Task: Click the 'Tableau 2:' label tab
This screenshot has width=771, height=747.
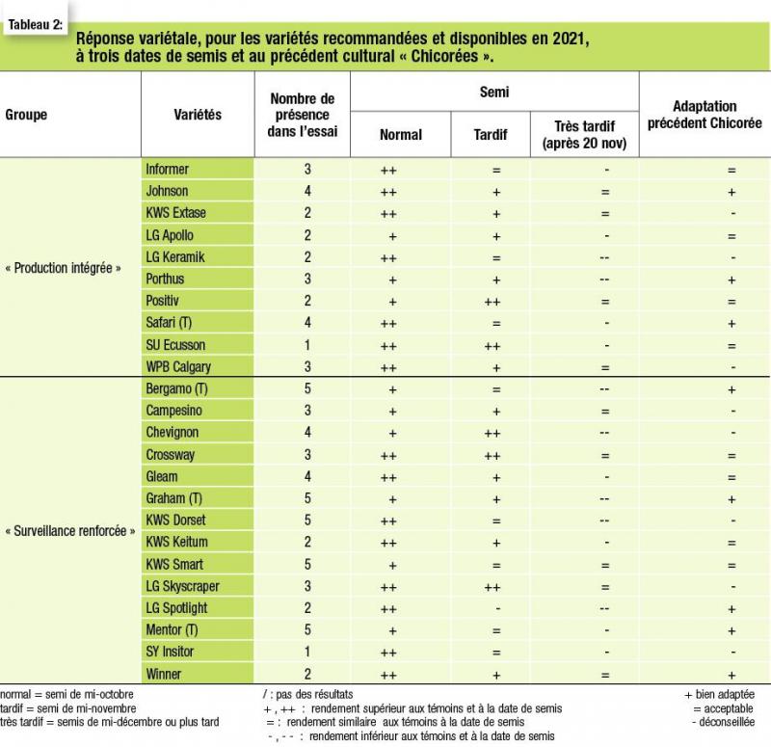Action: click(x=36, y=24)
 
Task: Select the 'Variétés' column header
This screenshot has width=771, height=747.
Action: click(x=198, y=115)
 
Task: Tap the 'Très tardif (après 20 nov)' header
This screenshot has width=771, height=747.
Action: click(x=585, y=134)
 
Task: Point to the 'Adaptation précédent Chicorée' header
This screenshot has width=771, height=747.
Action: click(x=705, y=115)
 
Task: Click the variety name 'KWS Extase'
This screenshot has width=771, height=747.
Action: click(x=175, y=213)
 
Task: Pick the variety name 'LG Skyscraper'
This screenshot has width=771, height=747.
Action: click(x=182, y=586)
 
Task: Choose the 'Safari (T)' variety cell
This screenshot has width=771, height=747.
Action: click(x=169, y=323)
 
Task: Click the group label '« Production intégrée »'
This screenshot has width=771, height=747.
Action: click(x=63, y=268)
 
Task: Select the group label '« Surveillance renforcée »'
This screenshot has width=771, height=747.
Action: click(x=69, y=531)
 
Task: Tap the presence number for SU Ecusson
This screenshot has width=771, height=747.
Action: click(x=307, y=345)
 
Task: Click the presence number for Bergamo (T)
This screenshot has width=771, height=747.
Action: click(x=307, y=388)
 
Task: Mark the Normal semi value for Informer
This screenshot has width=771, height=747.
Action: click(x=388, y=171)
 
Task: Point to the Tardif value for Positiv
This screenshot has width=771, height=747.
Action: click(x=492, y=302)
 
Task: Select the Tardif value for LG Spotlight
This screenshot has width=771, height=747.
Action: click(x=498, y=609)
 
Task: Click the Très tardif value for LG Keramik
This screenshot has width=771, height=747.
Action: click(x=604, y=257)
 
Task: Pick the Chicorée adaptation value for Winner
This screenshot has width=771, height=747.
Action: click(x=731, y=676)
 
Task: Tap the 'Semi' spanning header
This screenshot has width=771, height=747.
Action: click(x=494, y=92)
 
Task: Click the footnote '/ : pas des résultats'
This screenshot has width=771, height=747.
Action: click(x=307, y=694)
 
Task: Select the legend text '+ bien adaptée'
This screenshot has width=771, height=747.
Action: click(x=719, y=694)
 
